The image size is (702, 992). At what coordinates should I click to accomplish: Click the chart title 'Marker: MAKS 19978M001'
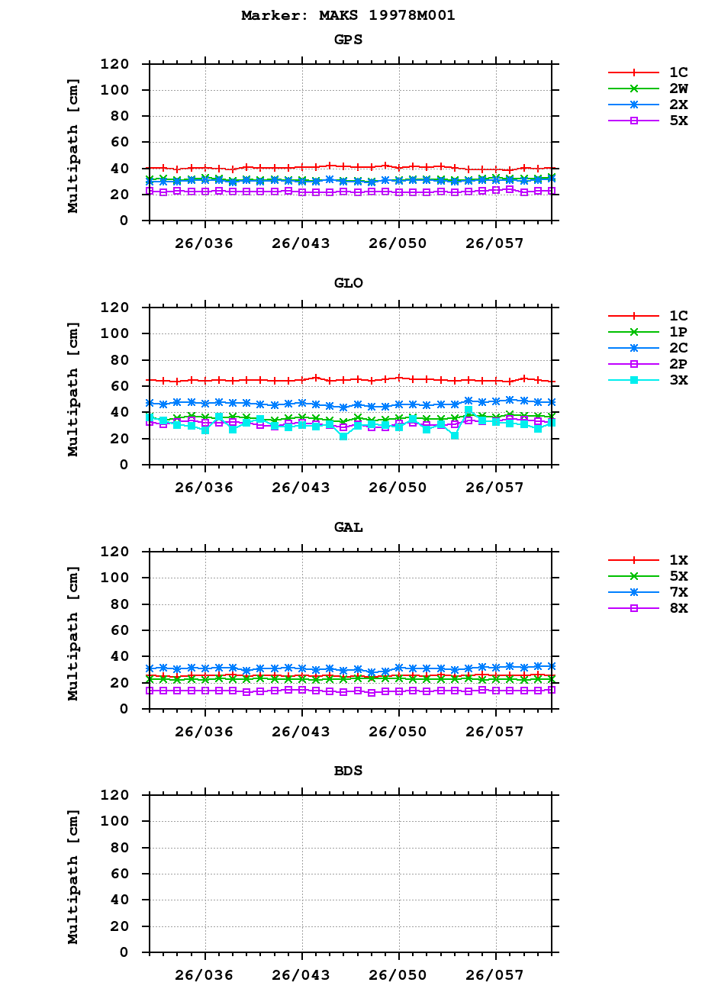tap(348, 15)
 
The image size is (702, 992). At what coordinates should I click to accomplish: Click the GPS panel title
tap(348, 40)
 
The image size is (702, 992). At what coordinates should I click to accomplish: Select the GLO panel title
tap(348, 283)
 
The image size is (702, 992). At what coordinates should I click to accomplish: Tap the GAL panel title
tap(348, 527)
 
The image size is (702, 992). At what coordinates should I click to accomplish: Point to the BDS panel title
tap(348, 771)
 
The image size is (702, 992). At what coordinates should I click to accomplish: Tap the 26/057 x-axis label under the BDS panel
tap(495, 975)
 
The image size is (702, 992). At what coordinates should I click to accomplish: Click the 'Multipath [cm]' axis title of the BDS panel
tap(73, 873)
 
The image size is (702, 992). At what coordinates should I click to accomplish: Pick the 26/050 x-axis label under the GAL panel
tap(398, 732)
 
